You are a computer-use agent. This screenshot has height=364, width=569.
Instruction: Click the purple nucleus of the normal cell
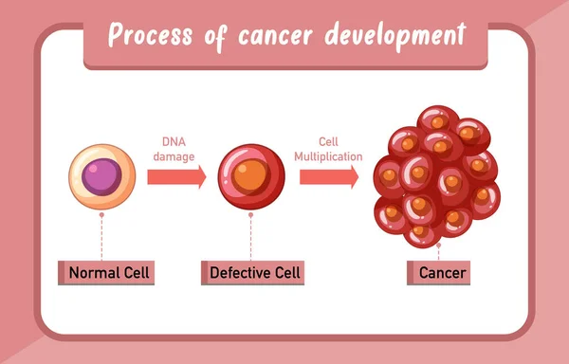[x=100, y=177]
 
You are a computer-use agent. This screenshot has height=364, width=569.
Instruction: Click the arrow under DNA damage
[x=176, y=176]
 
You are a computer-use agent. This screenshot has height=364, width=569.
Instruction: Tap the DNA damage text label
[x=176, y=148]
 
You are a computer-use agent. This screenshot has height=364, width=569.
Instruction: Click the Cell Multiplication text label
[x=329, y=148]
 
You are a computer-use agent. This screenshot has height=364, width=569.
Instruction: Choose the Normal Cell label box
[x=107, y=274]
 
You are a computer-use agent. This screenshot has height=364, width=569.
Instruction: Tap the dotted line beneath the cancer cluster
[x=439, y=249]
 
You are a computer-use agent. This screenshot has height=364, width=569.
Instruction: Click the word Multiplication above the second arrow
[x=329, y=155]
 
